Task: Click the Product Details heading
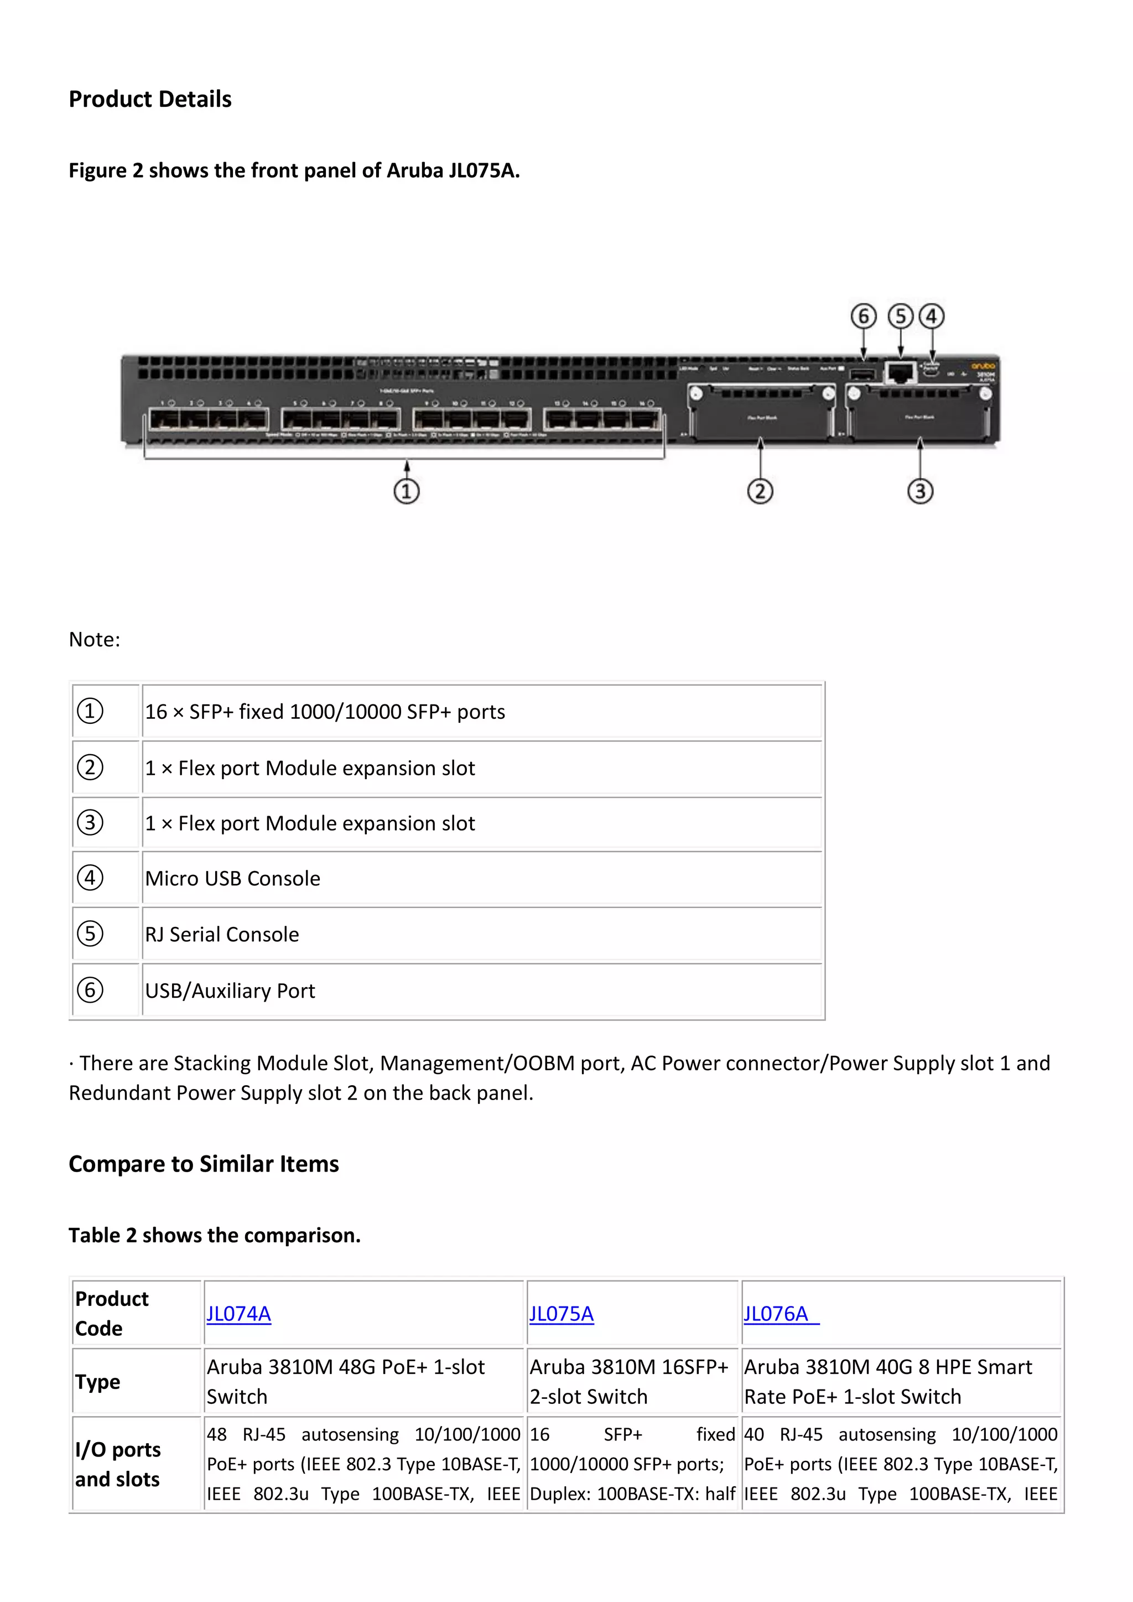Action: point(150,99)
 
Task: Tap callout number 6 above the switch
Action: point(863,317)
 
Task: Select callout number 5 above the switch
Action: point(900,317)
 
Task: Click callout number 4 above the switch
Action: point(932,317)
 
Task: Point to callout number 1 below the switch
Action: point(407,491)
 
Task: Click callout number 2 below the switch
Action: point(761,491)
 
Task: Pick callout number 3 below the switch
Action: point(920,491)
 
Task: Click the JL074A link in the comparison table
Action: point(238,1314)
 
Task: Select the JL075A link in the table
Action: point(562,1314)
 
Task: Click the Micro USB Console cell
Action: point(232,878)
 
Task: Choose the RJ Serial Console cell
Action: point(222,934)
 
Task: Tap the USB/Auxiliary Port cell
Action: point(230,991)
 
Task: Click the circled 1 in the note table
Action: point(90,711)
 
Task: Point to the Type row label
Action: point(98,1382)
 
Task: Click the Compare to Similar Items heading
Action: point(204,1164)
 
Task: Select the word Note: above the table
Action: point(94,639)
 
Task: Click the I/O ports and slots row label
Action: point(118,1464)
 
